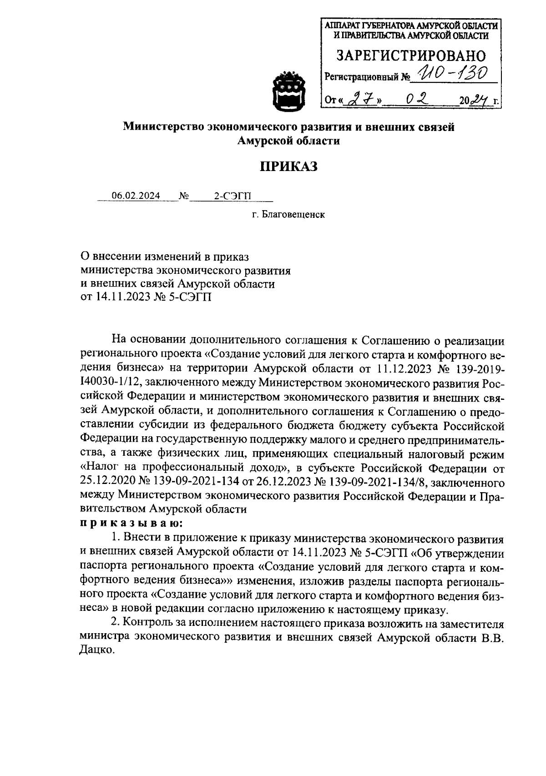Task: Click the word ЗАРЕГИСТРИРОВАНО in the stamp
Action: click(x=411, y=55)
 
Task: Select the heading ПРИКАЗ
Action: click(x=289, y=167)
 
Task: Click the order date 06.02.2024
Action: click(x=136, y=196)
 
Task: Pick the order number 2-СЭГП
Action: click(x=232, y=196)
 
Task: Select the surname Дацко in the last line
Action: click(x=96, y=650)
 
